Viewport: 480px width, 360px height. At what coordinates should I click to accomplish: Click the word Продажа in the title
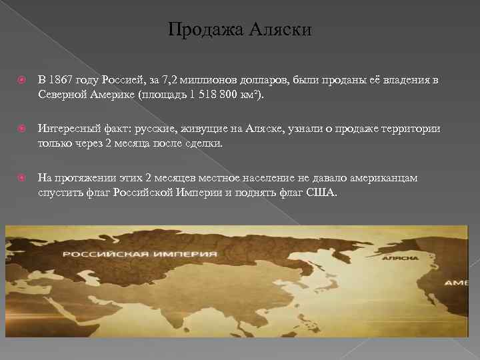click(x=198, y=30)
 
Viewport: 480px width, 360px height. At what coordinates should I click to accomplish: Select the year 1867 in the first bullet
click(x=70, y=81)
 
